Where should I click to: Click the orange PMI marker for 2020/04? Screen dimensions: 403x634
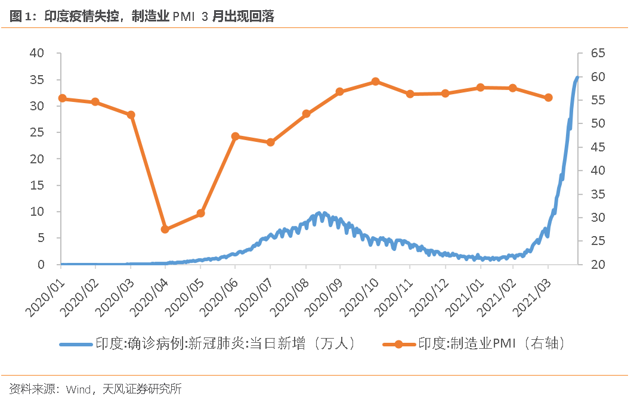[165, 229]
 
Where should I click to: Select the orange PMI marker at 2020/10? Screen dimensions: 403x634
[375, 81]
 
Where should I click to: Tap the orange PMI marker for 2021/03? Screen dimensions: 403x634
[548, 98]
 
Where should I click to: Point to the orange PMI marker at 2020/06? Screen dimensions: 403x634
[235, 136]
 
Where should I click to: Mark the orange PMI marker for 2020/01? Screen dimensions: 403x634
[61, 98]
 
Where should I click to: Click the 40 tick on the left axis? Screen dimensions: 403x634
[37, 53]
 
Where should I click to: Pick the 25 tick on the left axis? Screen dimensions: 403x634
[37, 132]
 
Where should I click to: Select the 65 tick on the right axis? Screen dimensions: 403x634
[598, 53]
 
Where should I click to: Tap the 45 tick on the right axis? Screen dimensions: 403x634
[598, 147]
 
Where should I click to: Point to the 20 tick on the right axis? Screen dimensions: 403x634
[598, 265]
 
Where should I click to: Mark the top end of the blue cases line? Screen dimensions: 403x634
[577, 77]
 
